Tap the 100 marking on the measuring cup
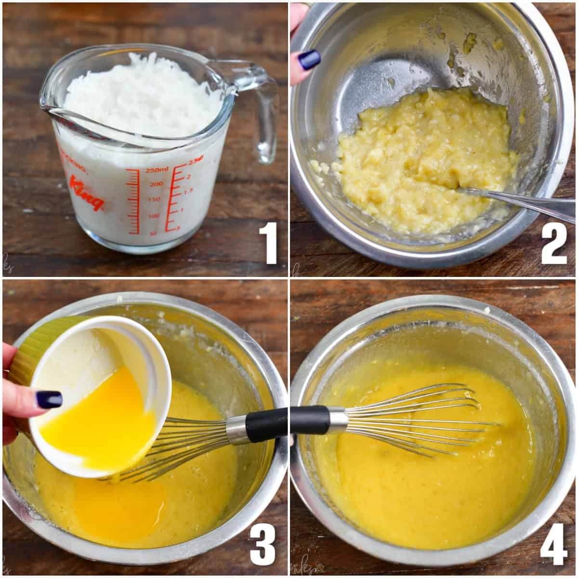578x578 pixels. [x=154, y=216]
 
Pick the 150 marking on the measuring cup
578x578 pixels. [x=153, y=199]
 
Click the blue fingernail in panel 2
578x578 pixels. [x=309, y=60]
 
